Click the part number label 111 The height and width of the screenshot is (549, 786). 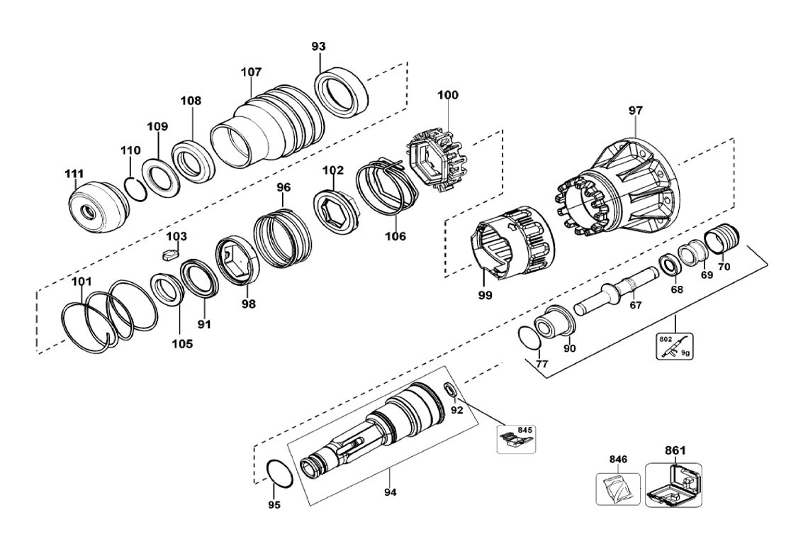(x=74, y=174)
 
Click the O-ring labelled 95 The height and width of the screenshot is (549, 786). (x=278, y=473)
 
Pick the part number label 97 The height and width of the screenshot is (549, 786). (x=635, y=111)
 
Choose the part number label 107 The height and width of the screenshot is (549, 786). (x=251, y=72)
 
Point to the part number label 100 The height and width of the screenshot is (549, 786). (x=447, y=95)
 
